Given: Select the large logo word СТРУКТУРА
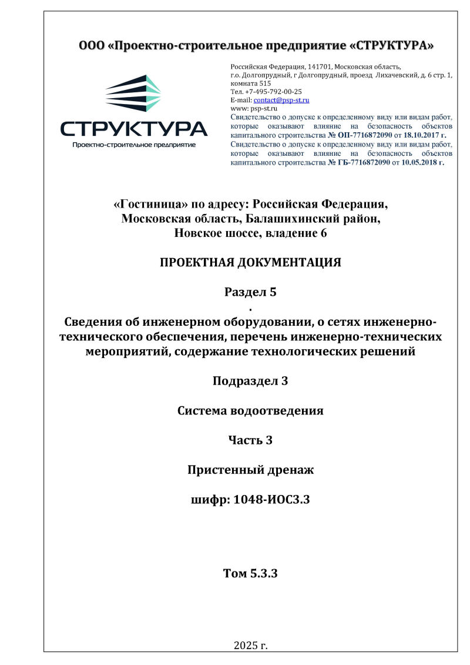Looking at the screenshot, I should click(x=133, y=129).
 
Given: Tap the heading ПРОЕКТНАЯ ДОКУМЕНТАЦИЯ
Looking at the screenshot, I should click(x=250, y=262).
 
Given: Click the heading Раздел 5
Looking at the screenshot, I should click(x=250, y=292).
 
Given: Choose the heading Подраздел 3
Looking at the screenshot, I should click(x=250, y=381).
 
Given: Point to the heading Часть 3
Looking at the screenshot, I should click(x=250, y=440).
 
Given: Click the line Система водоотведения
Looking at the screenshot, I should click(x=250, y=410).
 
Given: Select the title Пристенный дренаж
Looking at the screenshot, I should click(x=250, y=470).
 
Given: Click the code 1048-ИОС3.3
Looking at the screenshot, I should click(x=271, y=500).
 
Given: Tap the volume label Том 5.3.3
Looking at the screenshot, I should click(x=250, y=573).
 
